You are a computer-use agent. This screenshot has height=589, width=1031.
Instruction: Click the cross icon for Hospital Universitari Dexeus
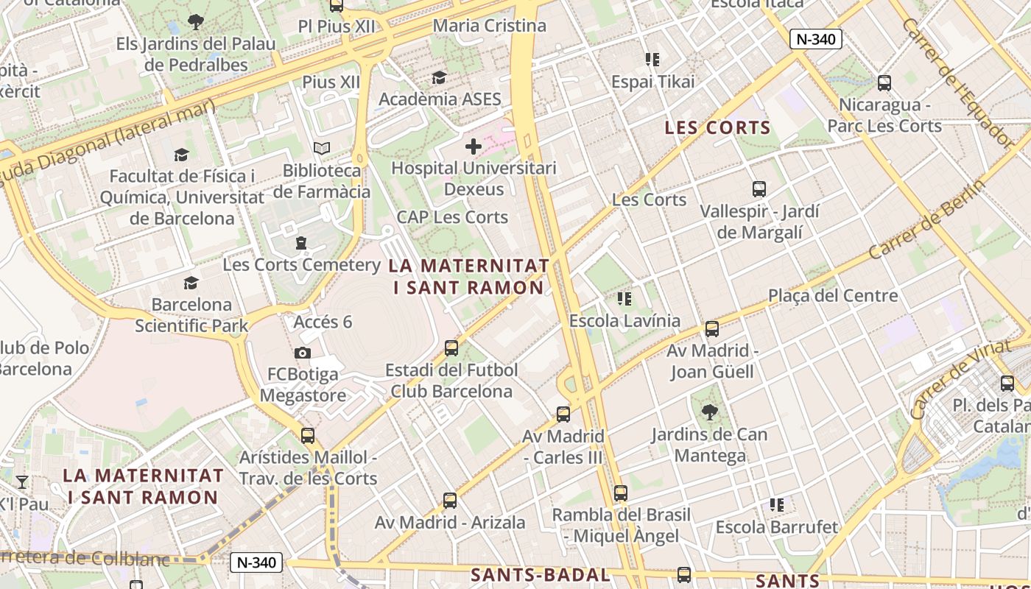tap(473, 147)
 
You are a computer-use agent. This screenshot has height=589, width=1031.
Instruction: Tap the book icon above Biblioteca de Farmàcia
tap(322, 149)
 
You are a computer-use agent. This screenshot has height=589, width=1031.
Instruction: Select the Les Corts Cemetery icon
tap(300, 243)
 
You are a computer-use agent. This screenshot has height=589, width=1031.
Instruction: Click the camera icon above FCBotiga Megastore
tap(302, 353)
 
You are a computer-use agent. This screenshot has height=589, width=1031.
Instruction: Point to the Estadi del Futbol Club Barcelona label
tap(451, 381)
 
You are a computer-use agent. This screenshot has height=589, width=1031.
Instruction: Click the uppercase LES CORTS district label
tap(717, 128)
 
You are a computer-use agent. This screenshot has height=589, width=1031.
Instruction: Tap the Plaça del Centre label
tap(833, 296)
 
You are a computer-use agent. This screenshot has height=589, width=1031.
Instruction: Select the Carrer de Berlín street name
tap(926, 219)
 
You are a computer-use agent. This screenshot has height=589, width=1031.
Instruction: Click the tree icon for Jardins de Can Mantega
tap(710, 412)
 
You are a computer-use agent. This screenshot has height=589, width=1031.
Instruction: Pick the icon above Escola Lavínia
tap(624, 299)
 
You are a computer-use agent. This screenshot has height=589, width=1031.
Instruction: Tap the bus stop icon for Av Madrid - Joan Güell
tap(711, 329)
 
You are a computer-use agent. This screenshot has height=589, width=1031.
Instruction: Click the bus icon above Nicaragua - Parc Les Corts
tap(884, 83)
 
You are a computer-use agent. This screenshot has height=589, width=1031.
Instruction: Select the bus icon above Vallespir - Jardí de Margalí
tap(759, 189)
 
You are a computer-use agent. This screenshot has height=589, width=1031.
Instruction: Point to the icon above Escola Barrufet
tap(777, 505)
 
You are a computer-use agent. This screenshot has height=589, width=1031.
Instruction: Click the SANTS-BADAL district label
tap(541, 575)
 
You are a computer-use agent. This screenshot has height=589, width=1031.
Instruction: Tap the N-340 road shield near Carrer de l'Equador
tap(816, 40)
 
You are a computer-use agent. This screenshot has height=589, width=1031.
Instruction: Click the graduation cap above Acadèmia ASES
tap(439, 77)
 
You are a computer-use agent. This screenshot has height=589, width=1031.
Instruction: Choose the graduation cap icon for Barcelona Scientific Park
tap(191, 283)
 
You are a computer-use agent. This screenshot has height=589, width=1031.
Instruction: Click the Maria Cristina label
tap(490, 26)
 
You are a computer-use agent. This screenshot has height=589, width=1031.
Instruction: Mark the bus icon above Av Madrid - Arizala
tap(450, 501)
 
